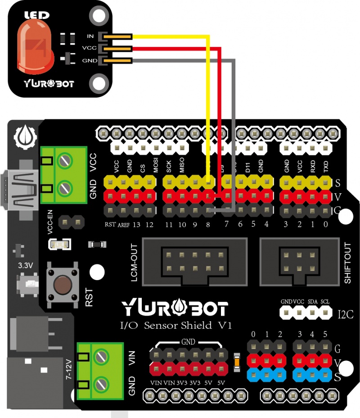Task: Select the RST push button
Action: (63, 285)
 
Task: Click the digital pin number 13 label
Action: (136, 224)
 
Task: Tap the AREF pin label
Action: (123, 224)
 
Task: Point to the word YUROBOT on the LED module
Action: (49, 83)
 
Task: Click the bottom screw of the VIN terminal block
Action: (101, 385)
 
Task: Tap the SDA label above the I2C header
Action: (312, 301)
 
